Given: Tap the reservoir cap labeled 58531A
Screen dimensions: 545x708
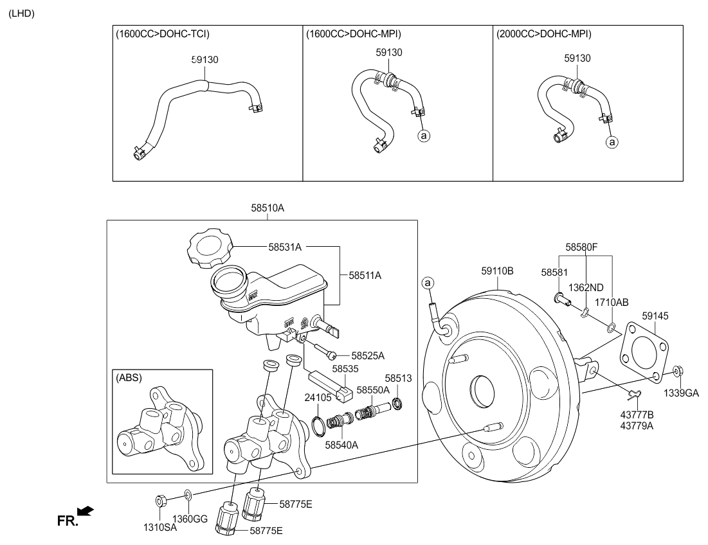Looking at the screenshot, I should point(206,250).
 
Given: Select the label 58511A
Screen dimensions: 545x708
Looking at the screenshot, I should point(365,275).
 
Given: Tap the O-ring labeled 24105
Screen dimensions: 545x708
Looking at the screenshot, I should point(318,424).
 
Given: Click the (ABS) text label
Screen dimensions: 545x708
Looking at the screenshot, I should point(129,378).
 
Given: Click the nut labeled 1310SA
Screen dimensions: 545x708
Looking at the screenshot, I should point(161,501).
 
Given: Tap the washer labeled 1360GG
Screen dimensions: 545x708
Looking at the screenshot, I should point(187,494).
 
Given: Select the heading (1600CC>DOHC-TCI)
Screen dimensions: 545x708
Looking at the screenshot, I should point(163,34).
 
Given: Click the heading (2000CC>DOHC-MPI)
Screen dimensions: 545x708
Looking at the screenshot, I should point(544,34).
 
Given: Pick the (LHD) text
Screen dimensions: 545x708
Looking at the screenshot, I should point(21,13).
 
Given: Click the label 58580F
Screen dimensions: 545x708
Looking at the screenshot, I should point(582,246).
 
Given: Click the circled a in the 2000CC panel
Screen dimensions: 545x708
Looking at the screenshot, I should point(612,141).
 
